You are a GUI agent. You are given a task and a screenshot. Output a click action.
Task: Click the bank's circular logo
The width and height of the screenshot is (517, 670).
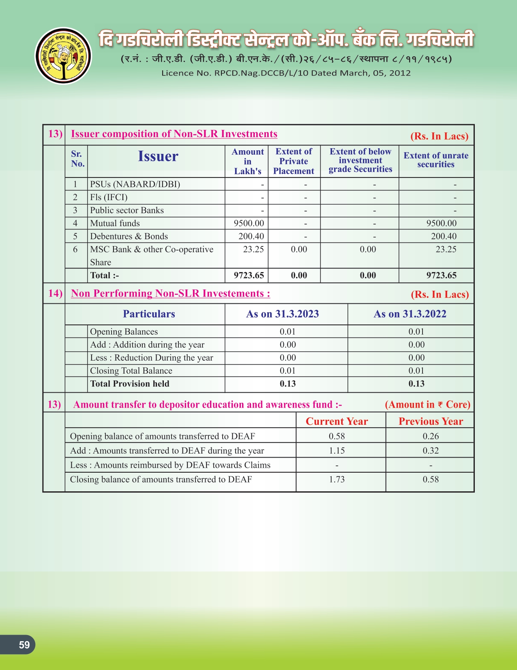63,56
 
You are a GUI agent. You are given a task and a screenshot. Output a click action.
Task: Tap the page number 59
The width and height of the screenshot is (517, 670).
24,645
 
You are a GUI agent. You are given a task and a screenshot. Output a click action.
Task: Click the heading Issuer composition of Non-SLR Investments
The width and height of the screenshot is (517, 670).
174,134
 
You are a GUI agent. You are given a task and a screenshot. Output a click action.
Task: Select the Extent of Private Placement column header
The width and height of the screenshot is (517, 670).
294,161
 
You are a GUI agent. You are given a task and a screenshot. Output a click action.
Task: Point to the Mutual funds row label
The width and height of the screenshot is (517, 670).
115,223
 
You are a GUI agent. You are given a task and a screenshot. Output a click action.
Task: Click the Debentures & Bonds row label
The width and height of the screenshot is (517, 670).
129,236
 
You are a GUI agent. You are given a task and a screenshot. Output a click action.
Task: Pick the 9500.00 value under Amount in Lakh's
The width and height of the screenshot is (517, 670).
249,223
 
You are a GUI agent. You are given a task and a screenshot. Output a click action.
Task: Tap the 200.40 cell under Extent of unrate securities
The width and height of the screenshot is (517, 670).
443,236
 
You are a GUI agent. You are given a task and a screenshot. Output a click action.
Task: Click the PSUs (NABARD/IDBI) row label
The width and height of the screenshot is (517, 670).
135,184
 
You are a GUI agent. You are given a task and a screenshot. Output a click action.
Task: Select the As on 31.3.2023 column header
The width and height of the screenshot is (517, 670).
282,314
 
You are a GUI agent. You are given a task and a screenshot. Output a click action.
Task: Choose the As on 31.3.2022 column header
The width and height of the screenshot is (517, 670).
410,314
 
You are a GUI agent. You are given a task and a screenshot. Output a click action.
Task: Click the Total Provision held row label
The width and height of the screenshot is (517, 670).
129,384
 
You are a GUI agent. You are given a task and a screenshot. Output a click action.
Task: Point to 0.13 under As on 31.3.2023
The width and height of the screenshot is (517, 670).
287,384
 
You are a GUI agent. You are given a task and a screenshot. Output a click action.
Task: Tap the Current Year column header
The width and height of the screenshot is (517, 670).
337,421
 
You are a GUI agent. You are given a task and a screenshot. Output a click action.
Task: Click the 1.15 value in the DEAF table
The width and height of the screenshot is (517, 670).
337,451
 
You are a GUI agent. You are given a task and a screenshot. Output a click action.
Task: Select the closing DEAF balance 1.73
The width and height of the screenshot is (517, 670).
337,480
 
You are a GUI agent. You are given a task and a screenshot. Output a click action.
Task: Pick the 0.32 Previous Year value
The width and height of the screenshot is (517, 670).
431,451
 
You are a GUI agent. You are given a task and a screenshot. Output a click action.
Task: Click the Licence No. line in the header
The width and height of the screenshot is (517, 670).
286,73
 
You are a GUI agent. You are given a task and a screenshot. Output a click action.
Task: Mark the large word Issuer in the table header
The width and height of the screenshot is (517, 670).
158,156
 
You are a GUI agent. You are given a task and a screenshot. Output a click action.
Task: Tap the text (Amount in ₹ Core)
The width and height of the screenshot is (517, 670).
427,404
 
